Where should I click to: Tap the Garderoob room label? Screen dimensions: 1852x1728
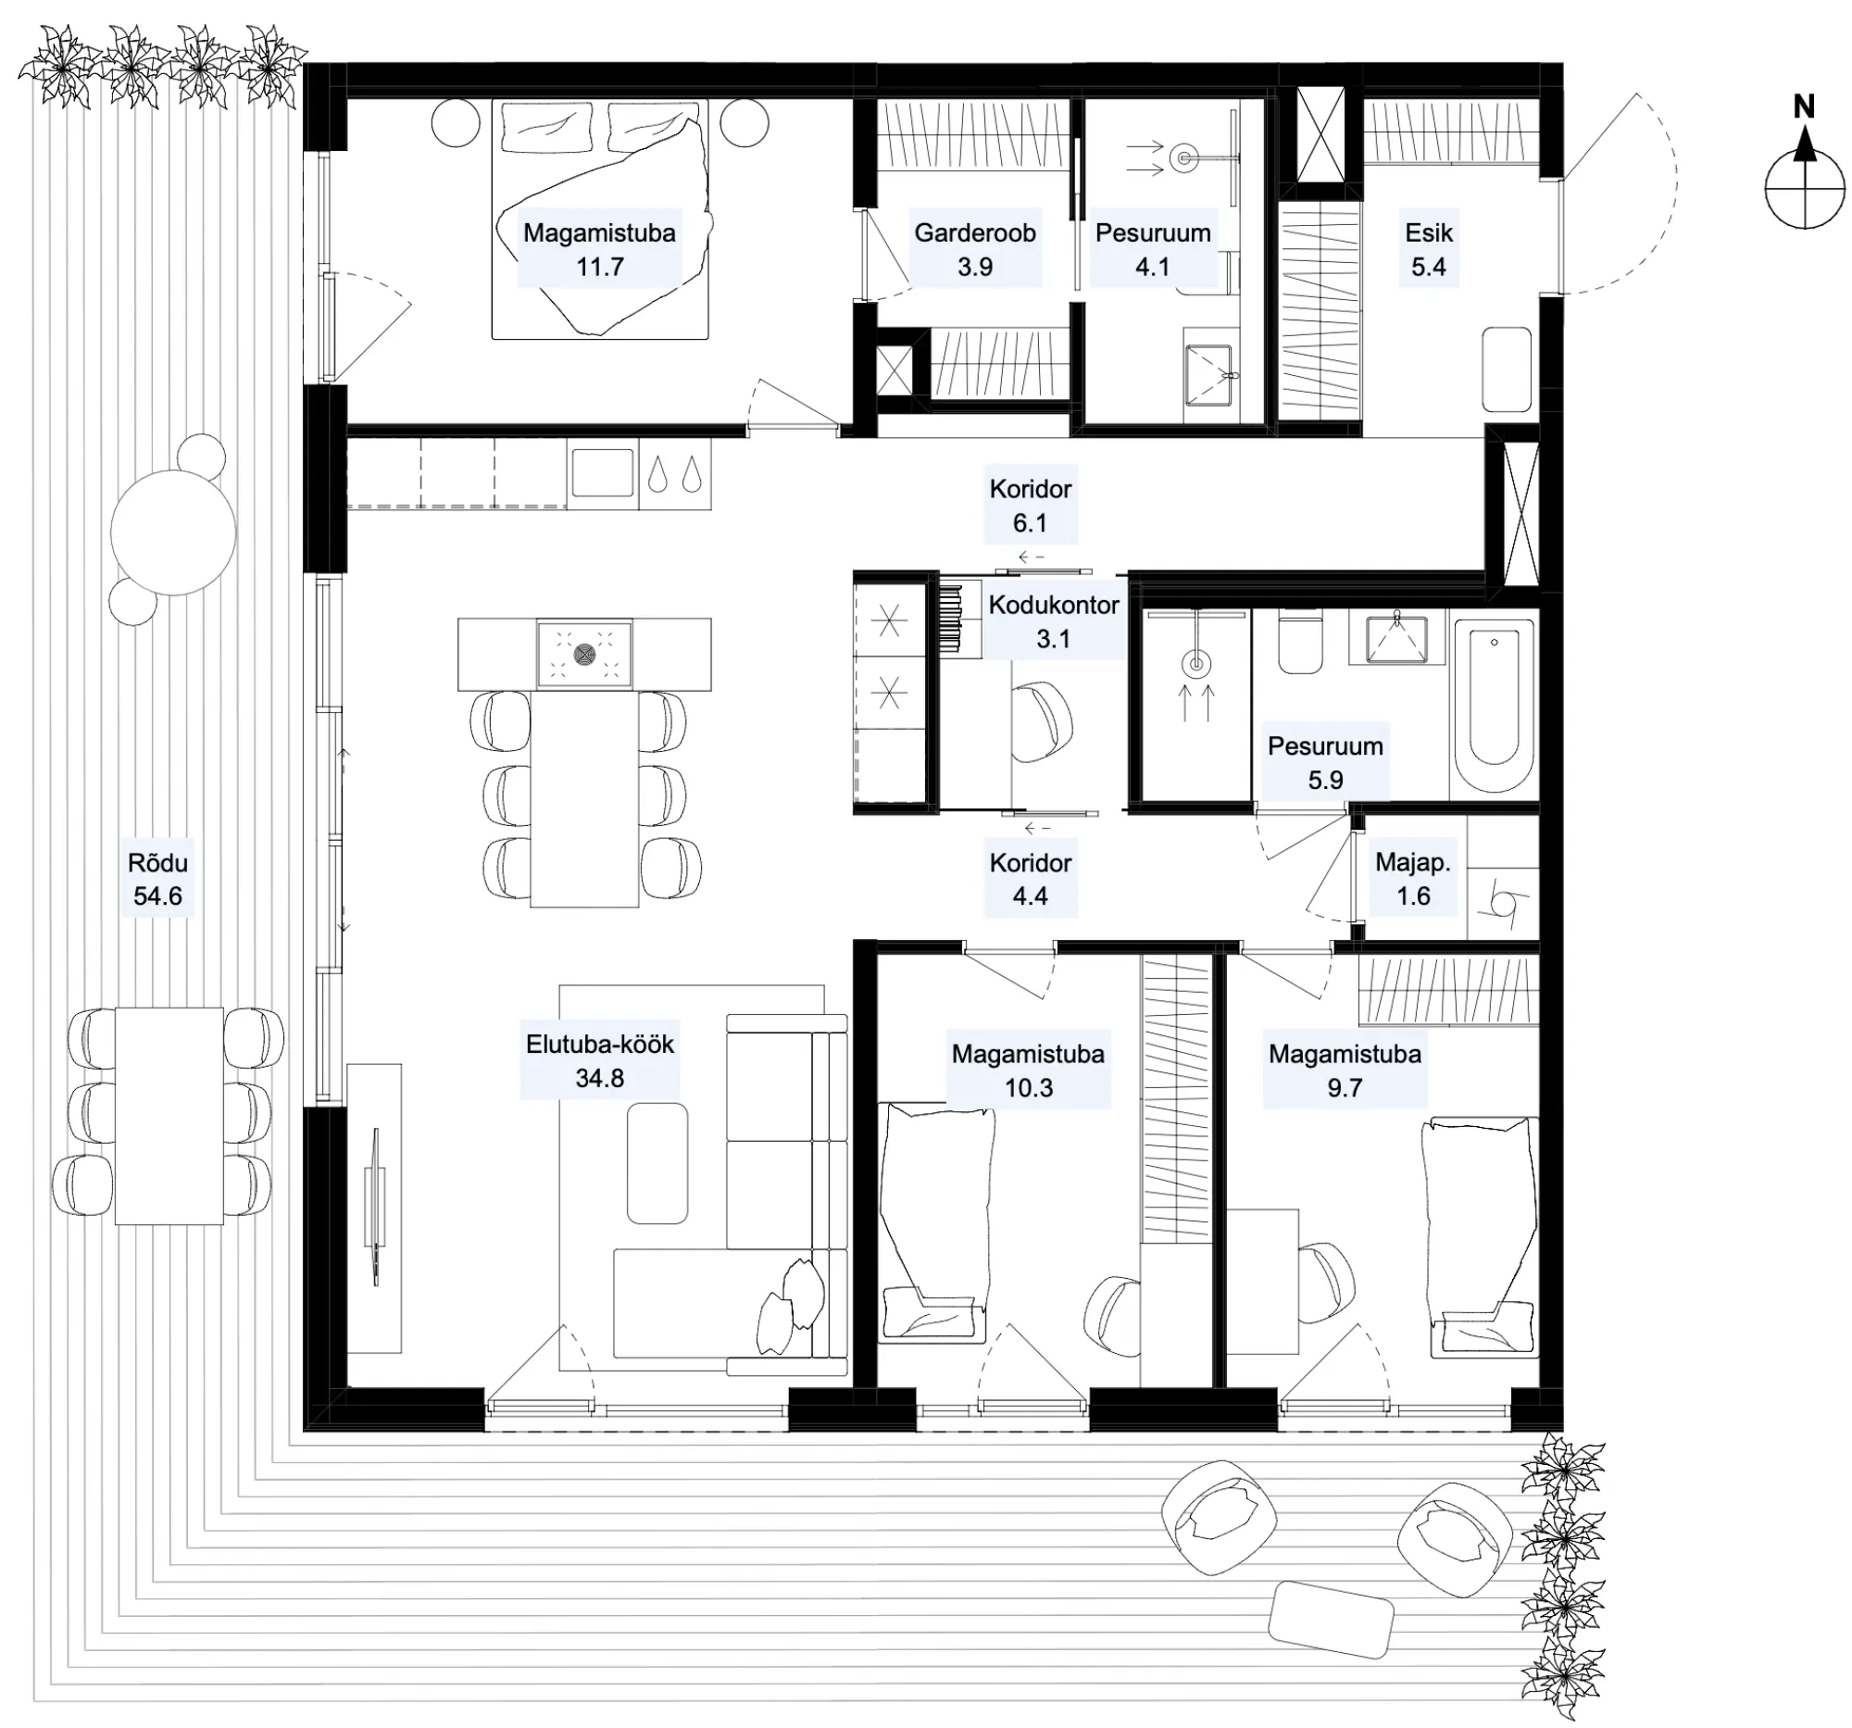[x=974, y=232]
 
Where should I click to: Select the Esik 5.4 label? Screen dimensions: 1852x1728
[x=1428, y=250]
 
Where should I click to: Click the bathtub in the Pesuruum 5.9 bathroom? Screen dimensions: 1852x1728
[x=1494, y=705]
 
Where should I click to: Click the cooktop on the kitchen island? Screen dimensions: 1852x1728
[x=584, y=654]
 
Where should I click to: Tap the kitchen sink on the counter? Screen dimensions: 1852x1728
[x=602, y=473]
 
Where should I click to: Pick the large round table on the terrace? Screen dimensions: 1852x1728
[x=173, y=532]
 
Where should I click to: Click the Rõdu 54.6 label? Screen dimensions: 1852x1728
[x=157, y=879]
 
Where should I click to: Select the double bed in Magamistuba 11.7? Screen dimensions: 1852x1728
[x=600, y=219]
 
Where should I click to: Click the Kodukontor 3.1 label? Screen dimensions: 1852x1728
[x=1054, y=621]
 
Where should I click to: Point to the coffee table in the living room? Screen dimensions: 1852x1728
[x=657, y=1163]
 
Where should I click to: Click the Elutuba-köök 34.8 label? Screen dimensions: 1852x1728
[x=599, y=1061]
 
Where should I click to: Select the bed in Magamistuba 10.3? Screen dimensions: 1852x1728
[x=935, y=1222]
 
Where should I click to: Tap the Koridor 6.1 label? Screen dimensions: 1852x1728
[x=1031, y=506]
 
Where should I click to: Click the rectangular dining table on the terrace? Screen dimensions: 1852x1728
[x=169, y=1115]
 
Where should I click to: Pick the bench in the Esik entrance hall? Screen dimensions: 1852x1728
[x=1507, y=369]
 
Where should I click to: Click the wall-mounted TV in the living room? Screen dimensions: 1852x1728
[x=376, y=1208]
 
